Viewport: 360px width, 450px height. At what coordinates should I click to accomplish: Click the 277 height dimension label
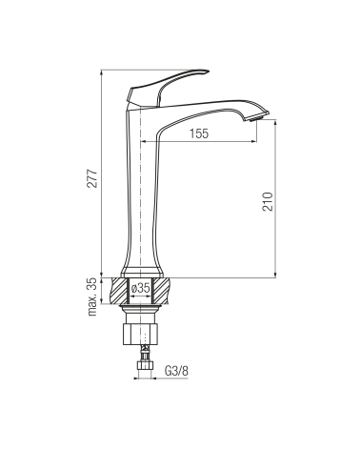coord(92,178)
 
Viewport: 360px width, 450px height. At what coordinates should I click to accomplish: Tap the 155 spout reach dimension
coord(199,133)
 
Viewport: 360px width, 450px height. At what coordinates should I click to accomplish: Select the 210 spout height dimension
coord(268,201)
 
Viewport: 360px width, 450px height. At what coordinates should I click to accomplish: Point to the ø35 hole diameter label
coord(140,288)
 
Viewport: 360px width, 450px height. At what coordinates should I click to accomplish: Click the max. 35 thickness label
coord(92,297)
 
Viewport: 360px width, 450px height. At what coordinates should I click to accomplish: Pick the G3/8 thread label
coord(176,371)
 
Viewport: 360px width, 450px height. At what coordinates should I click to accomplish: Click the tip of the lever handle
coord(208,71)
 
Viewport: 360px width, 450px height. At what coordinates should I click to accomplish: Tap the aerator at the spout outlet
coord(256,118)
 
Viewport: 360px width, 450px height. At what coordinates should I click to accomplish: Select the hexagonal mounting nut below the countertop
coord(140,334)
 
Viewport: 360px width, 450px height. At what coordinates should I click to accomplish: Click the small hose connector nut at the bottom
coord(145,365)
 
